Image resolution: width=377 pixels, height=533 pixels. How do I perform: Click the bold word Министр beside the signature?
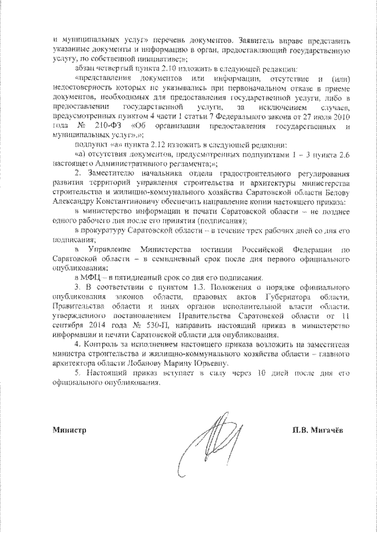point(68,430)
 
